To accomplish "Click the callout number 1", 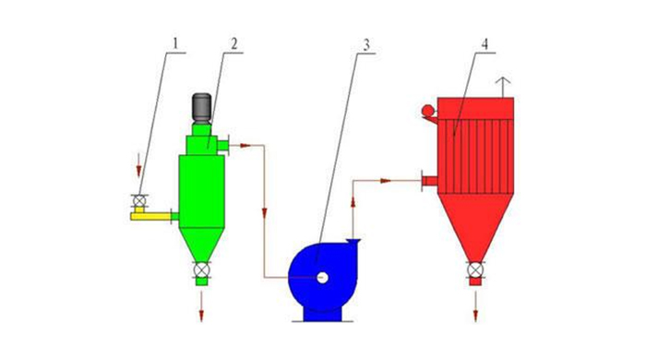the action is click(175, 43).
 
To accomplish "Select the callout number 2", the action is click(234, 43).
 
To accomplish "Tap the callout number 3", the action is click(366, 44).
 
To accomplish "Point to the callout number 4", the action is click(484, 43).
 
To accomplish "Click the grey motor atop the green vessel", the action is click(202, 108).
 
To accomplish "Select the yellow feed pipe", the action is click(150, 215).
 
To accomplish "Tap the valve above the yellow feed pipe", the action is click(139, 201).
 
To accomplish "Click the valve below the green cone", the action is click(201, 270).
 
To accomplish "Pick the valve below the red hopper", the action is click(475, 270).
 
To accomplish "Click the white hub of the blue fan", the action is click(323, 278).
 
